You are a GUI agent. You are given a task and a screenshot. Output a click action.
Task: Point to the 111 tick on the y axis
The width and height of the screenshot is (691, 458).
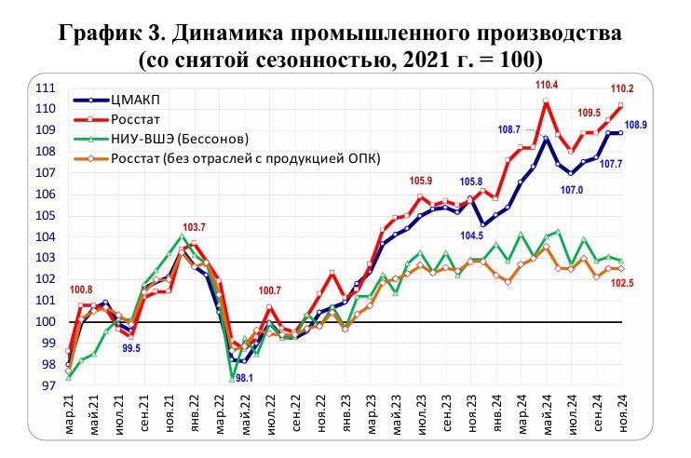(45, 88)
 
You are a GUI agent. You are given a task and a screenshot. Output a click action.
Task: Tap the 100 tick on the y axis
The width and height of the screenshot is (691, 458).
(45, 322)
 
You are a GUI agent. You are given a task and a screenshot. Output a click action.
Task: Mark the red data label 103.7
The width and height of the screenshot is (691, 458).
(195, 227)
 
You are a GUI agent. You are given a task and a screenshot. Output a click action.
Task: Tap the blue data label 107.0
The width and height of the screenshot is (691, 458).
(571, 191)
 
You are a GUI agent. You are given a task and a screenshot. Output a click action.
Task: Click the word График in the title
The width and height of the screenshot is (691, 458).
(101, 35)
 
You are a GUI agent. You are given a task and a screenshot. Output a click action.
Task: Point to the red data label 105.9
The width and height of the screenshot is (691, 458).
(423, 181)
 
